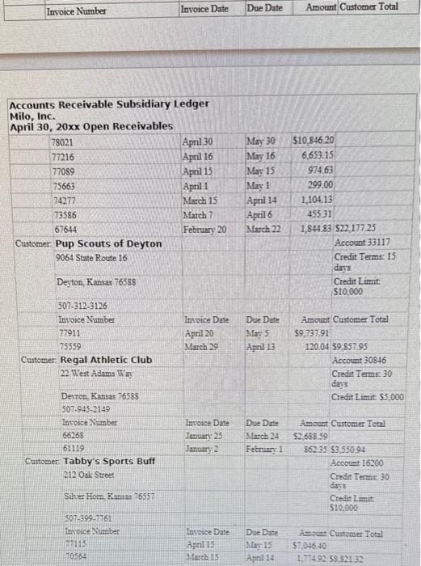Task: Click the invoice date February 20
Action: [x=204, y=230]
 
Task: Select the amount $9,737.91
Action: [x=311, y=332]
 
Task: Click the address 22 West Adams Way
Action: [x=98, y=373]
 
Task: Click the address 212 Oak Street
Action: [x=87, y=475]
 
